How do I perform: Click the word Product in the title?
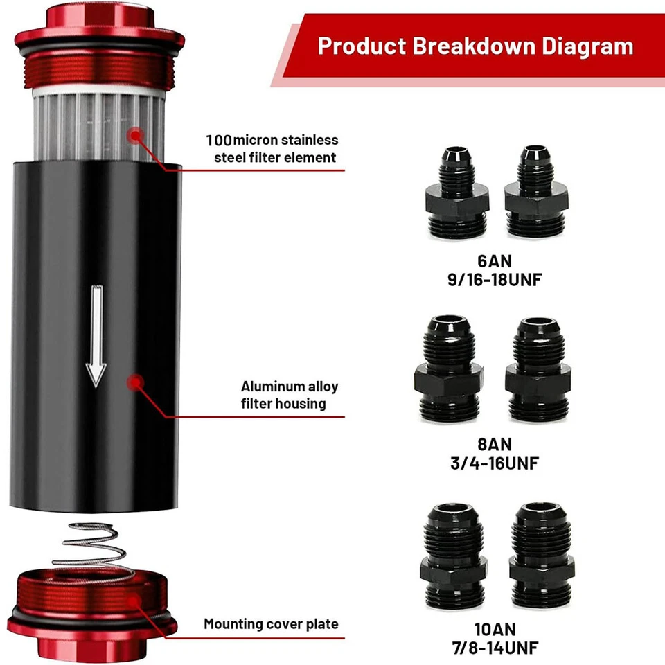362,46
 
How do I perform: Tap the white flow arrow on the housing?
96,337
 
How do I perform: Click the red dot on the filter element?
136,134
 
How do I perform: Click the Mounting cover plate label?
271,624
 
